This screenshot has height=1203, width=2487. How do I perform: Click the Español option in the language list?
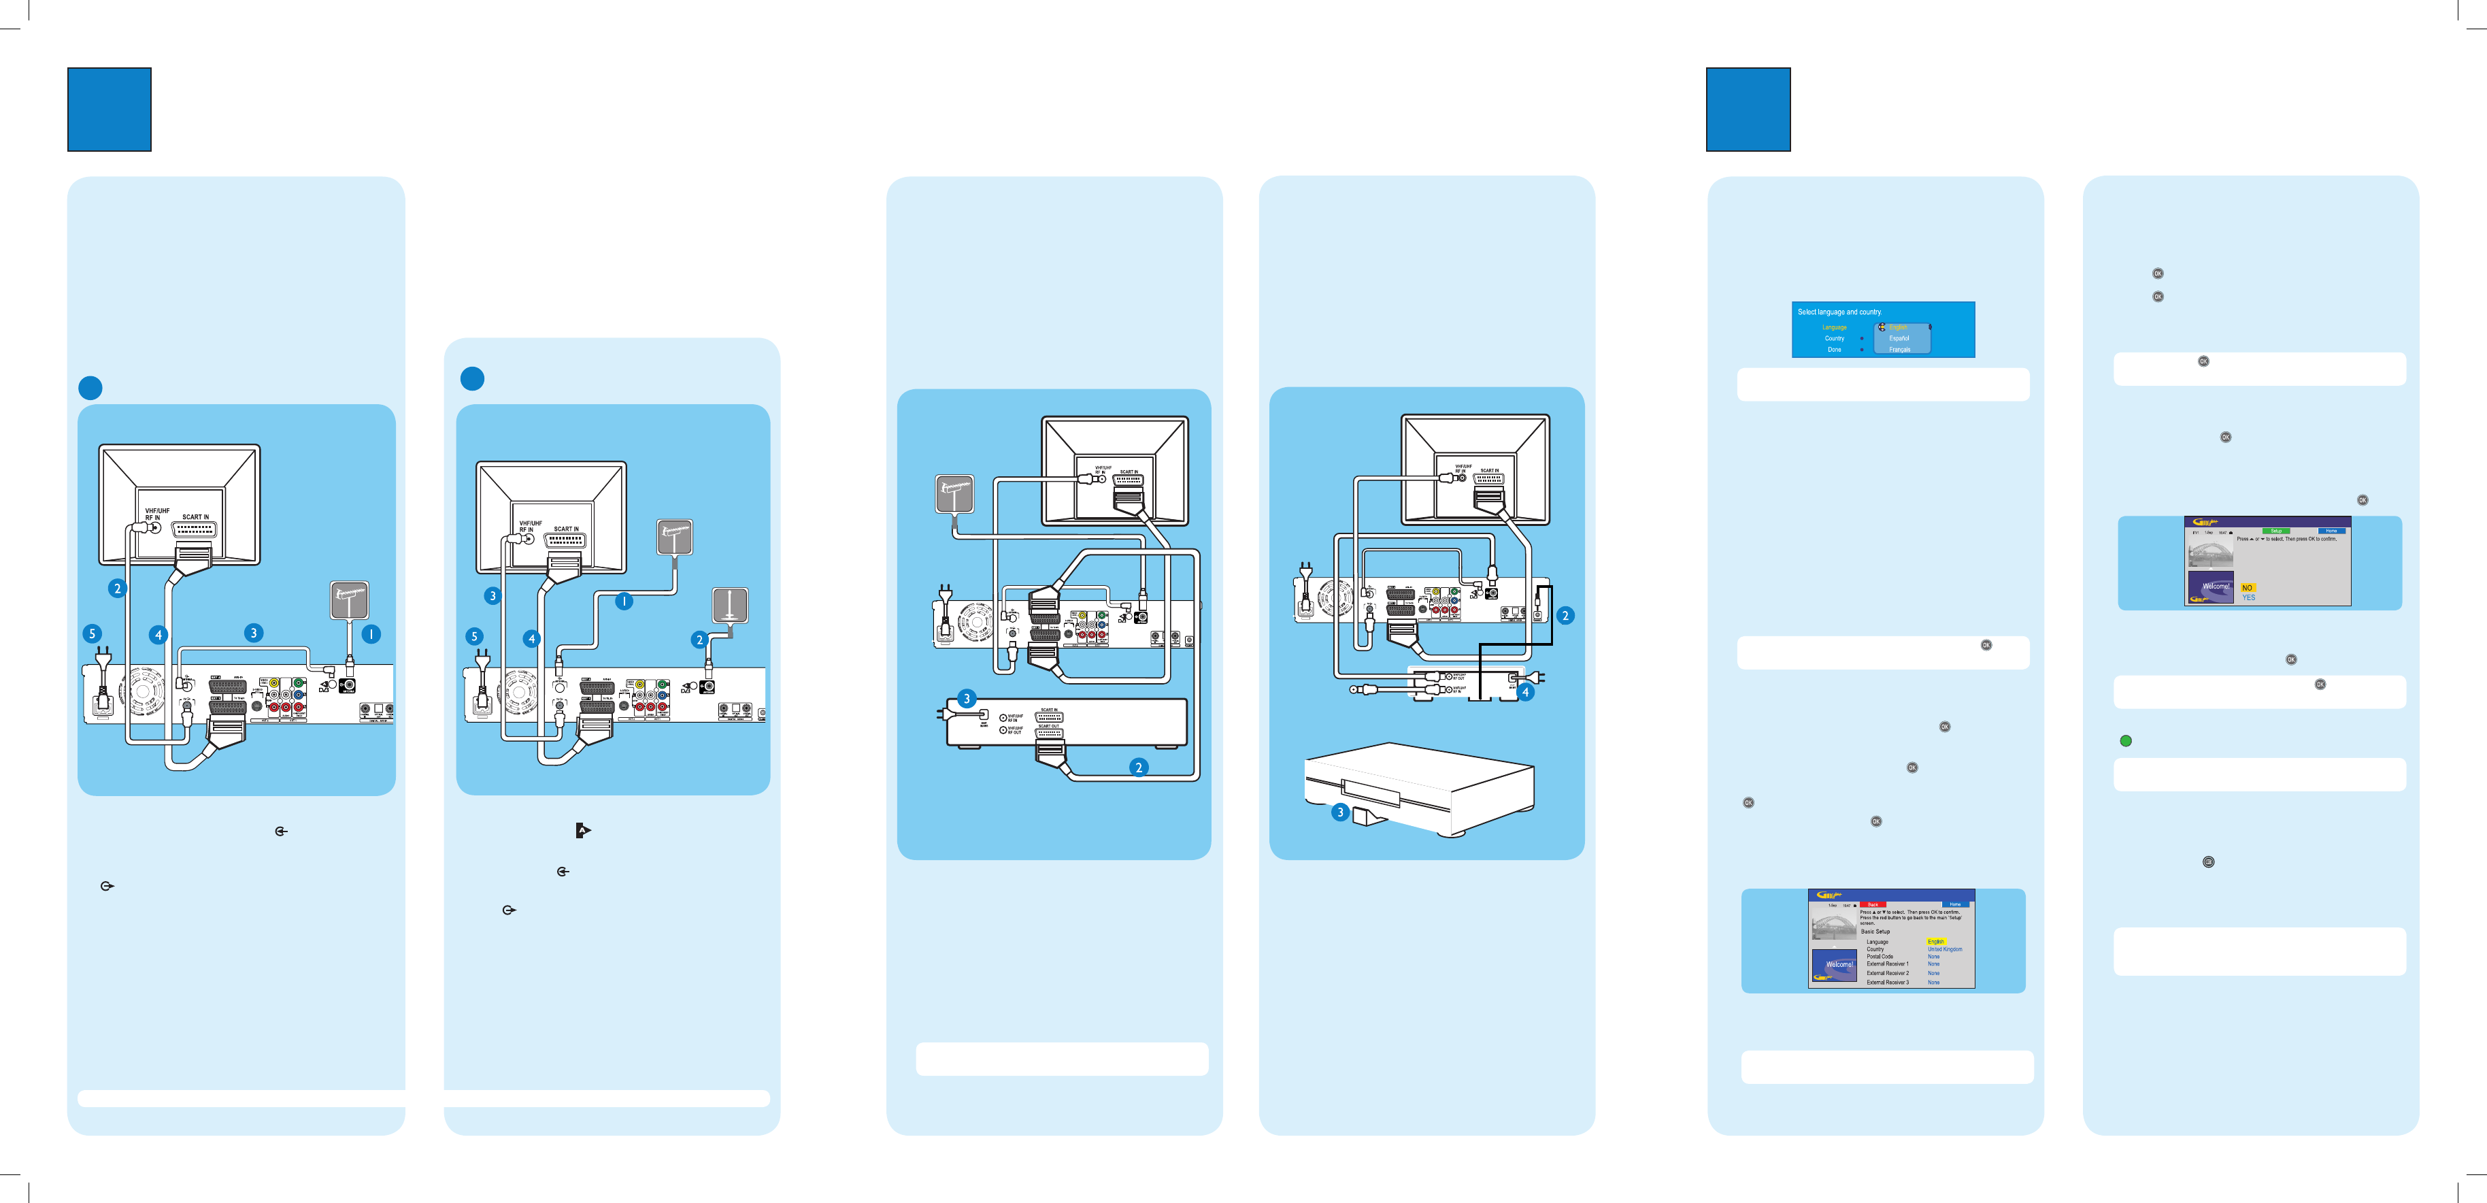point(1899,339)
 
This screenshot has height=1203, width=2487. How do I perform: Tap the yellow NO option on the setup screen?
point(2248,587)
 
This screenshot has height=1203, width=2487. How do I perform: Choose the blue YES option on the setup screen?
point(2248,597)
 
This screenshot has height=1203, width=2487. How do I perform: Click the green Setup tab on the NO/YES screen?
point(2275,531)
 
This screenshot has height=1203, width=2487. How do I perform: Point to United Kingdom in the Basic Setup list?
point(1944,949)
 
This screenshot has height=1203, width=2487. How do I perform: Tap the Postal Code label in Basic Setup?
point(1879,957)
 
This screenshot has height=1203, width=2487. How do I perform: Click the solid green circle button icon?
point(2125,740)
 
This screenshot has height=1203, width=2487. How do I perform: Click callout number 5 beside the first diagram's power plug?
point(93,633)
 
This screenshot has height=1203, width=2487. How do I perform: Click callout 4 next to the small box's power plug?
point(1525,691)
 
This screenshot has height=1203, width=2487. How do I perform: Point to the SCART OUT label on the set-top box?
point(1048,726)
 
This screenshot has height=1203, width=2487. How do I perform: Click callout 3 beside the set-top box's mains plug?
point(967,699)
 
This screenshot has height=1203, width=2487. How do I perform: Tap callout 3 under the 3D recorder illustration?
point(1340,812)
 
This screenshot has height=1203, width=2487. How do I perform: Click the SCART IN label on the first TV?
point(195,516)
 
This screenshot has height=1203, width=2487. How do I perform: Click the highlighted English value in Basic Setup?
point(1936,941)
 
